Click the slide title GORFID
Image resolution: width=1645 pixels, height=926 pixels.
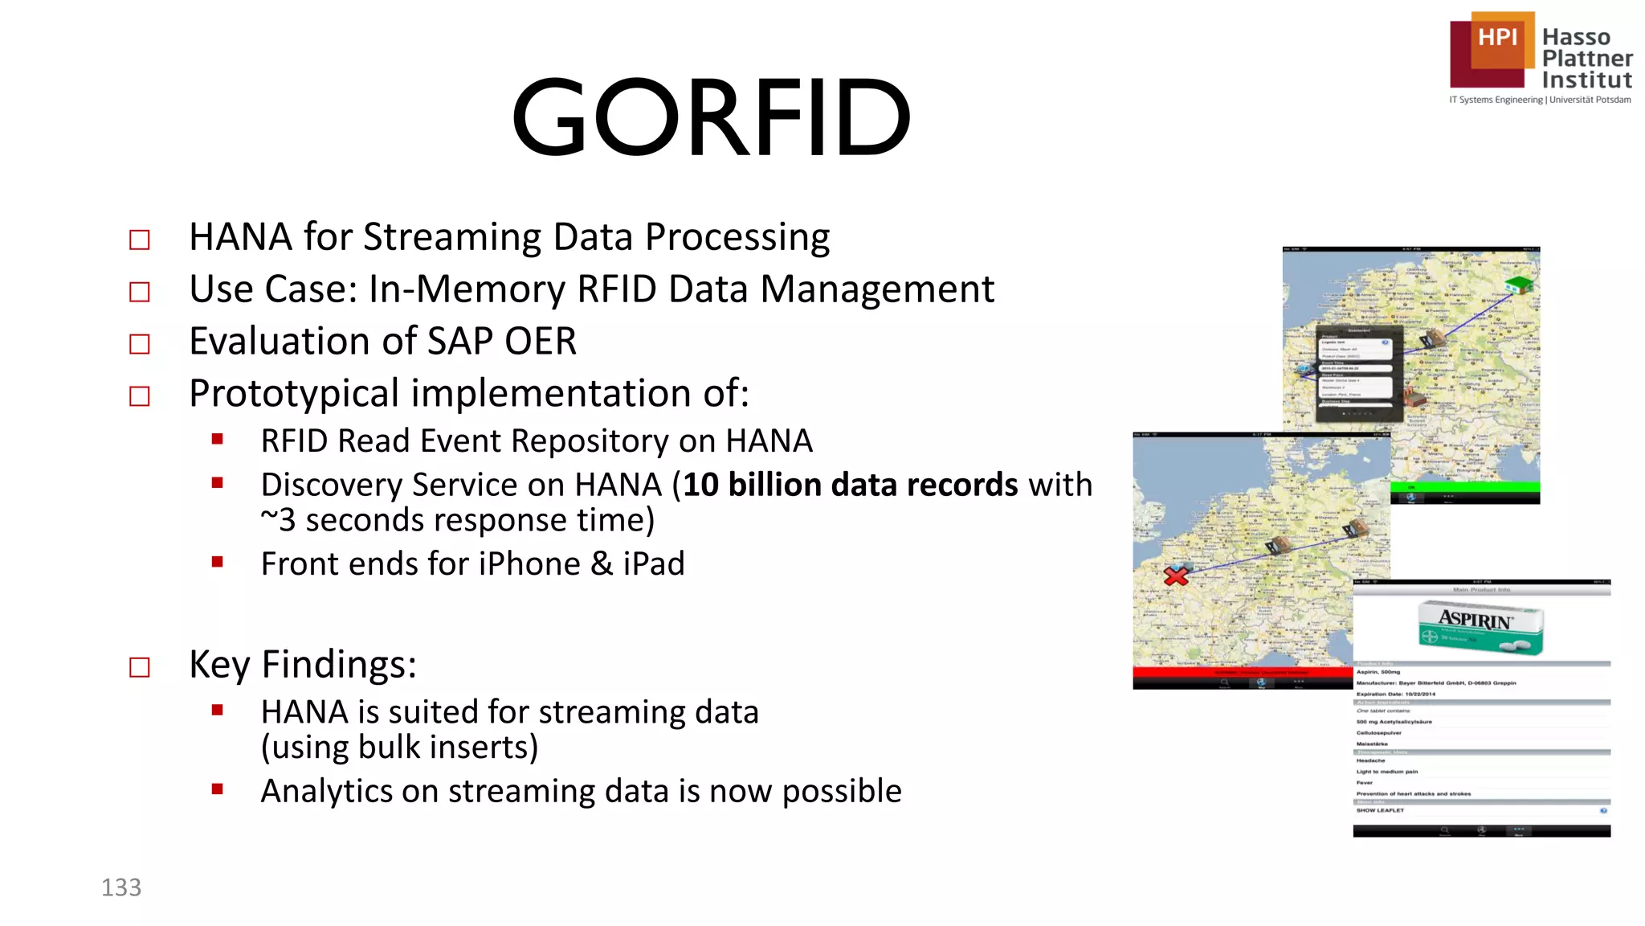[711, 117]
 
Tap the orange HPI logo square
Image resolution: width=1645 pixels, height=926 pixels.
[1497, 39]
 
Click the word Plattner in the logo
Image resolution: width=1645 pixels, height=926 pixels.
[1586, 59]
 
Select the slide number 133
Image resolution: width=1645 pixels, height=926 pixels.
[121, 887]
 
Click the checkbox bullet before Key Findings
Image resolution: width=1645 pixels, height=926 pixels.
[140, 667]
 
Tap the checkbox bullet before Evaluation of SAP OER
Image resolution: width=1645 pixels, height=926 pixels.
[140, 344]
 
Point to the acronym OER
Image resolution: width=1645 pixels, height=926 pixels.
[541, 342]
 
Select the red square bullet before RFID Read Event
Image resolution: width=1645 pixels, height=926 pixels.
[217, 439]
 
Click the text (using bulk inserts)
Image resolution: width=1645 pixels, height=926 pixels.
[399, 748]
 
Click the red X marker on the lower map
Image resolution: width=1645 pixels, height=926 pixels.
[1176, 576]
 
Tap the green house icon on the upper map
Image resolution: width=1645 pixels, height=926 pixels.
[1518, 284]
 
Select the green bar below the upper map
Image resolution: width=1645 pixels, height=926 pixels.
[1464, 487]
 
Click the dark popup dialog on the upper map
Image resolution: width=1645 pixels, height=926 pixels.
[1358, 374]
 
